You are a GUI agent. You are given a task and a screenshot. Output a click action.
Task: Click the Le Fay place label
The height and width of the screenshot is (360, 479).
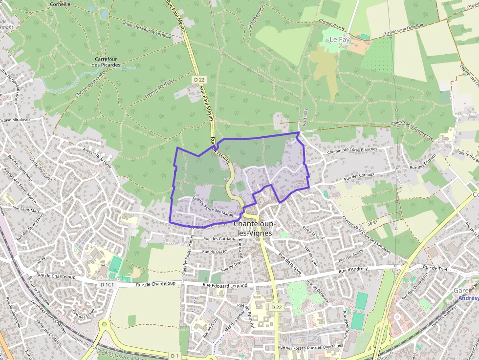click(x=340, y=39)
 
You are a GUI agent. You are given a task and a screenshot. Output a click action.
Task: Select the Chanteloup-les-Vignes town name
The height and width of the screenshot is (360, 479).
click(x=255, y=228)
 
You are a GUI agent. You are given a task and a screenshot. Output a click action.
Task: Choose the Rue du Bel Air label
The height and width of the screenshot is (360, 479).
click(x=215, y=251)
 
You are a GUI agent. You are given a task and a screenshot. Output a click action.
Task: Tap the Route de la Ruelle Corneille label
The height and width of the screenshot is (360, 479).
click(x=147, y=30)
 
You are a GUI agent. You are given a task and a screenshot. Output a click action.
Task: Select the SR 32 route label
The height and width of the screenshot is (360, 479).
click(x=372, y=222)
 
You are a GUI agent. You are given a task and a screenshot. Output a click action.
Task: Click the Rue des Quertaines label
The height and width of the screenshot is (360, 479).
click(x=326, y=347)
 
